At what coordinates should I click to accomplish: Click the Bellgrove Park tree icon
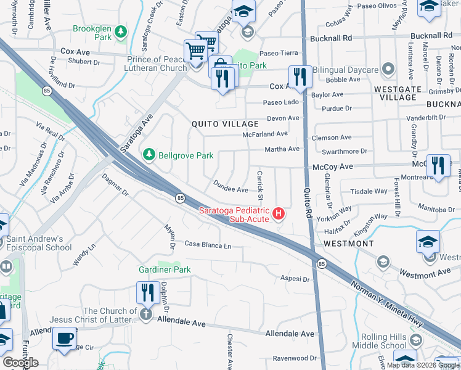149,155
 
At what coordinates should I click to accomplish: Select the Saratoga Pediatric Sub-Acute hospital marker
279,213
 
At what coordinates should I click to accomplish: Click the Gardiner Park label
165,269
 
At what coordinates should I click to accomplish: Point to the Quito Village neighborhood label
225,123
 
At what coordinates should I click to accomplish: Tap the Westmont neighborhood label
348,244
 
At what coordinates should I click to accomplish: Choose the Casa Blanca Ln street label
208,246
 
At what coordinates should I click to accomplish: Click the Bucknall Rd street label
330,38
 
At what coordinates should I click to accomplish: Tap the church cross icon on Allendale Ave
146,314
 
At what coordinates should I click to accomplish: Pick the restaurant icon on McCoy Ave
438,165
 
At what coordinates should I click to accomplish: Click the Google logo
20,363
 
